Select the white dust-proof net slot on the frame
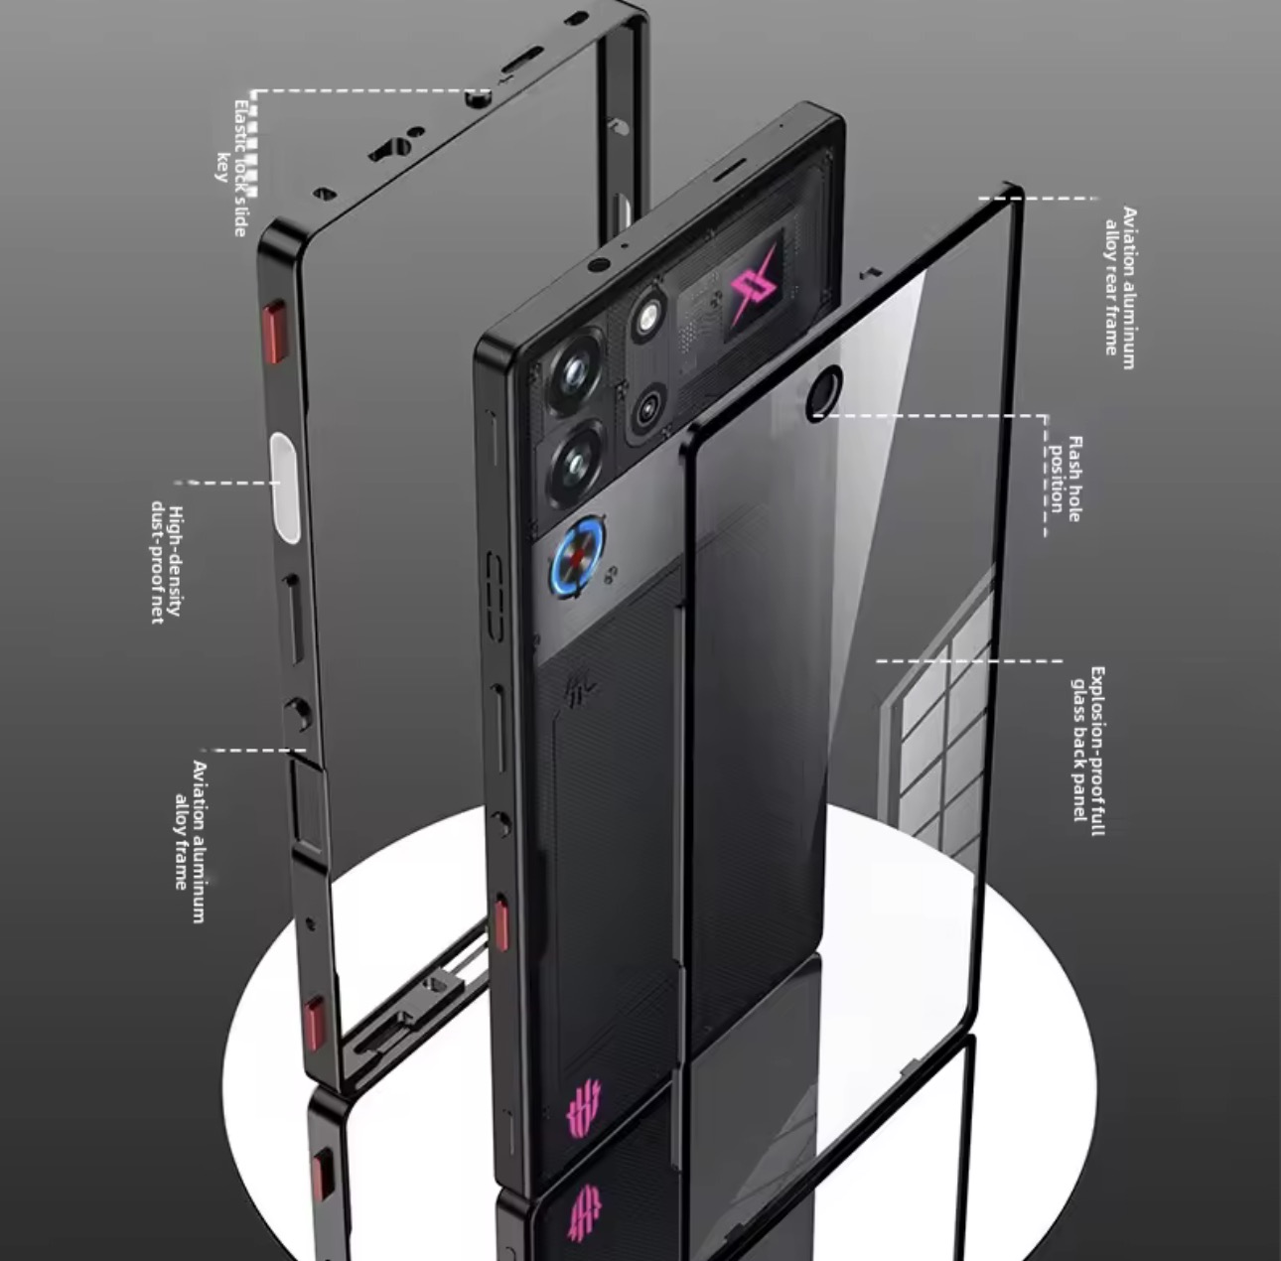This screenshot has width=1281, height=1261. click(284, 488)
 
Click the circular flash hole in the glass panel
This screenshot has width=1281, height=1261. click(823, 390)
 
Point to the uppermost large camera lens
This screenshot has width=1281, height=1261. click(575, 372)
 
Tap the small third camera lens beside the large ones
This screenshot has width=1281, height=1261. click(650, 406)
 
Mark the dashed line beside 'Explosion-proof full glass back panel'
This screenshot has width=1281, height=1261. click(968, 660)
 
